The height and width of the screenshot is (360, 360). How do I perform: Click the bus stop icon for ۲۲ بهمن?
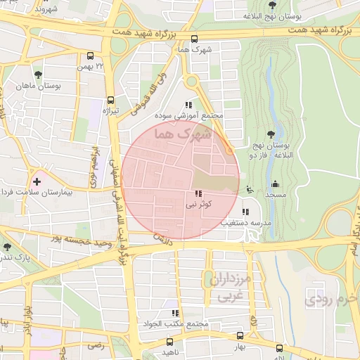tap(90, 56)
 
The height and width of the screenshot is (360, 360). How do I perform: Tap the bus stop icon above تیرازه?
tap(110, 99)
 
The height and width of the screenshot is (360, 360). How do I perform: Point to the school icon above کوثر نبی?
tap(195, 193)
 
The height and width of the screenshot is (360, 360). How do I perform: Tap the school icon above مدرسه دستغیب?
tap(245, 211)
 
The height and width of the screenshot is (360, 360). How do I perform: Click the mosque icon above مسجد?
tap(273, 184)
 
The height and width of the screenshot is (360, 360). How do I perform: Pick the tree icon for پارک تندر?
tap(7, 247)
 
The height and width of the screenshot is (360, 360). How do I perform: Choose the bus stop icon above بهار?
tap(240, 336)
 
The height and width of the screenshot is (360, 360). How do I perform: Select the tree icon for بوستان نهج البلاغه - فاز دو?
tap(271, 135)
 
